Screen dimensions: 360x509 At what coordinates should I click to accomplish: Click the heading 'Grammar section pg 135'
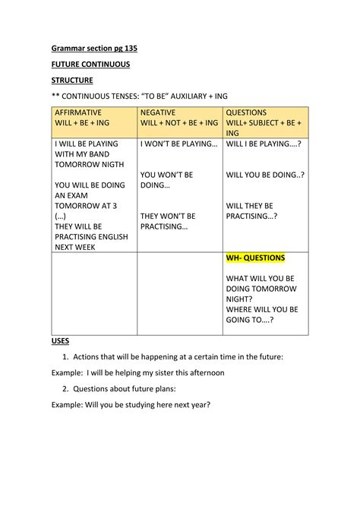(94, 48)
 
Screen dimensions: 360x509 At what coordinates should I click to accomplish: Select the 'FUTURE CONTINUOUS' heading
(90, 64)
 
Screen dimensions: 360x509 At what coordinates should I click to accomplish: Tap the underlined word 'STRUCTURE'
(72, 80)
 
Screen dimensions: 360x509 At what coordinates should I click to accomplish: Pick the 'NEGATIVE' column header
(158, 112)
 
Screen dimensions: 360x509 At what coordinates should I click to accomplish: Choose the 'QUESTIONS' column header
(246, 112)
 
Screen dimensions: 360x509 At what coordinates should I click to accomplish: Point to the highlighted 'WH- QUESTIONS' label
(255, 258)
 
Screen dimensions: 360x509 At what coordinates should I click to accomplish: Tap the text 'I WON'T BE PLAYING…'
(179, 143)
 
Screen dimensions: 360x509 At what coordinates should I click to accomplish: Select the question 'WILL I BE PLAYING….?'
(264, 143)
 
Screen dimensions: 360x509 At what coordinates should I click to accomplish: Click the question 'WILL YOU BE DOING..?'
(265, 174)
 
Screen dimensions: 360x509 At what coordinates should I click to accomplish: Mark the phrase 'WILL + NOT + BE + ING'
(179, 122)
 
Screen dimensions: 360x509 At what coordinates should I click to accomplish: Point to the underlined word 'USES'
(61, 341)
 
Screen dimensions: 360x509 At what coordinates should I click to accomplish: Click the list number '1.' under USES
(66, 356)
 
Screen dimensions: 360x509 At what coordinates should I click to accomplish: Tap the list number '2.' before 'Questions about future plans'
(66, 388)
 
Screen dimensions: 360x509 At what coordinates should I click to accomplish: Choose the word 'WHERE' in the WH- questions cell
(242, 309)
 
